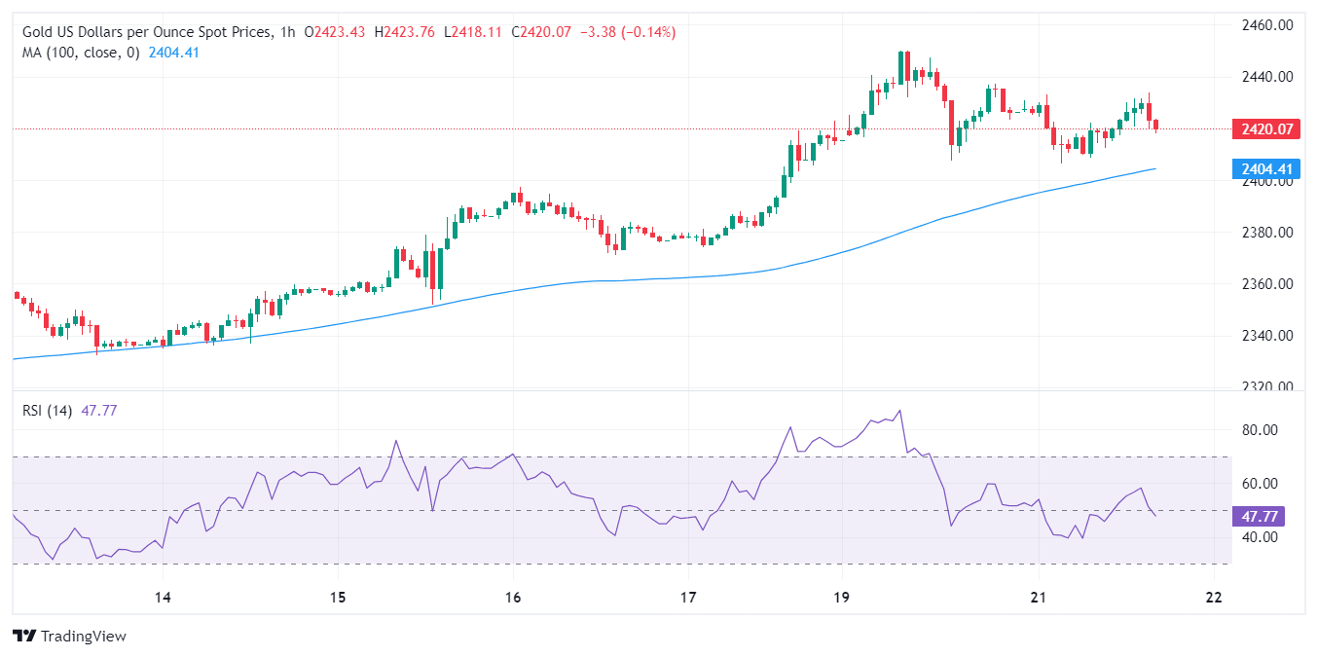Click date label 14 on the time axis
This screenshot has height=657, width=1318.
163,597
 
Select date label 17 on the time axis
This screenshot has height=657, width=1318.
688,597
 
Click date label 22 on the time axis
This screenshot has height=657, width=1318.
1213,597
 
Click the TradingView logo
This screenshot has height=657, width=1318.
70,637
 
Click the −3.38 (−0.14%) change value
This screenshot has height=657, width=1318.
628,32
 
